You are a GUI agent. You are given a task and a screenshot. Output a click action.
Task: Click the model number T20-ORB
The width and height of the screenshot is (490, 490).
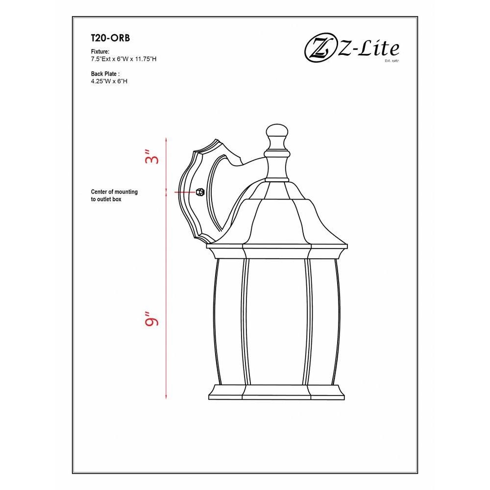point(110,38)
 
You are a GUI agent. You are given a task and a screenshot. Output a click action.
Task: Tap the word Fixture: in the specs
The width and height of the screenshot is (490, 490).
point(100,51)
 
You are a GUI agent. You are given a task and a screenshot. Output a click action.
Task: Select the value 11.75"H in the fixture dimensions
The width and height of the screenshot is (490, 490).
point(146,59)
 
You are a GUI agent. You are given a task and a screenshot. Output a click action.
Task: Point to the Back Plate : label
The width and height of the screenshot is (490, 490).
point(105,74)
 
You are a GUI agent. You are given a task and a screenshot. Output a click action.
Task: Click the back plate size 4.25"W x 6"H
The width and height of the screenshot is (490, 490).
point(109,81)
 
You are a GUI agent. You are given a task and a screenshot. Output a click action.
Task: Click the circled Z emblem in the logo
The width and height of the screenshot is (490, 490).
point(319,49)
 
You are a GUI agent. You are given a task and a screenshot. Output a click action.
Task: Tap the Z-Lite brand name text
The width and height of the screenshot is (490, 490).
point(369,49)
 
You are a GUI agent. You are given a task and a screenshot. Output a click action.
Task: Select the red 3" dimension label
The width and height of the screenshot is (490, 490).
point(152,157)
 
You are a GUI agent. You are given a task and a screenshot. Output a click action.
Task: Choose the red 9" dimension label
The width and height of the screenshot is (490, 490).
point(152,318)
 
